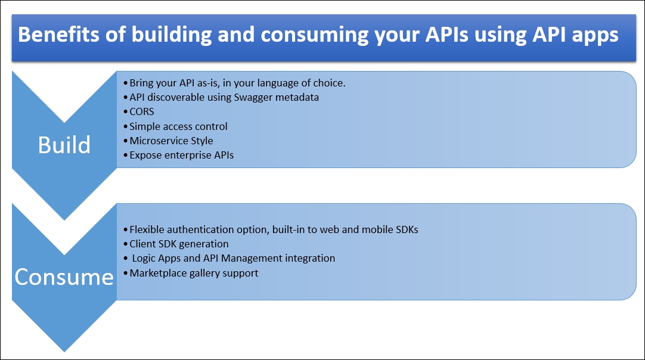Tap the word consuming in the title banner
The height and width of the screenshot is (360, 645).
315,35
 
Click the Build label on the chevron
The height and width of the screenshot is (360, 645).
64,145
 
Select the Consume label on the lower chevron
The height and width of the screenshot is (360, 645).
64,277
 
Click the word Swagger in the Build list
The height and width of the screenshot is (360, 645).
253,98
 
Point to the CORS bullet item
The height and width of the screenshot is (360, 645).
142,111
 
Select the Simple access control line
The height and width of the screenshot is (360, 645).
178,126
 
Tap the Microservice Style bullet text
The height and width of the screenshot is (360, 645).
171,141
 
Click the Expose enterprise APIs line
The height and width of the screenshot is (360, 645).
181,155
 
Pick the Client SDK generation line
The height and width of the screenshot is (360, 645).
179,244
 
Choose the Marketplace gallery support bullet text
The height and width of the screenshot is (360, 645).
194,273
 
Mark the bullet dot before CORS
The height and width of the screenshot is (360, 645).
125,112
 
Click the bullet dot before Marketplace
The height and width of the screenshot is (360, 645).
125,273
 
